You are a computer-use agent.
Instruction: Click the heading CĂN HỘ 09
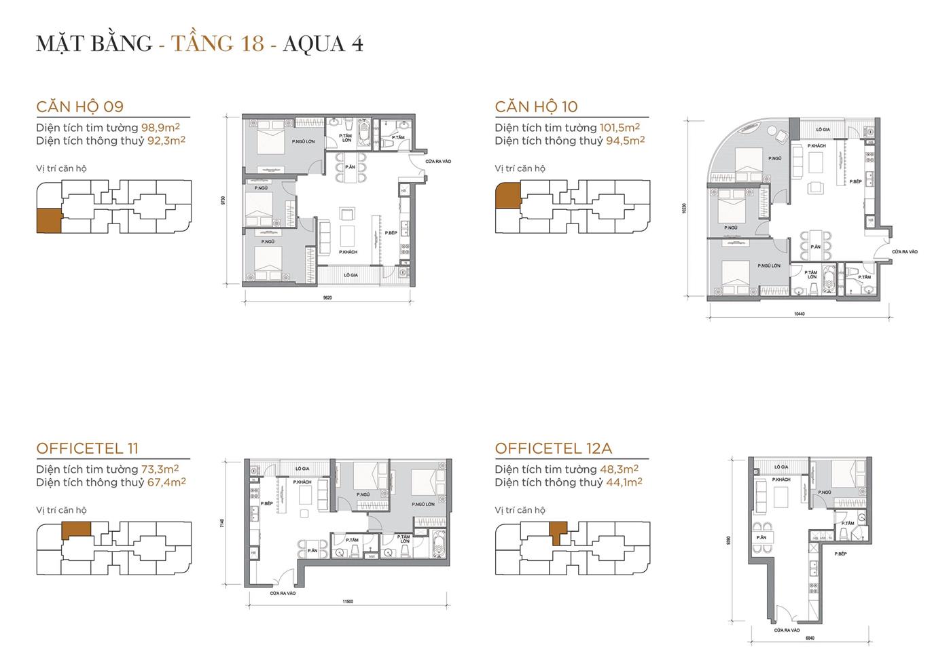(80, 107)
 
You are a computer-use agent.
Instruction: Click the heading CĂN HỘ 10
(536, 107)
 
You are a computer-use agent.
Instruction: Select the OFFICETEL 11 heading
(87, 448)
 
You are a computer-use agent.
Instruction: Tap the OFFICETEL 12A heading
(553, 448)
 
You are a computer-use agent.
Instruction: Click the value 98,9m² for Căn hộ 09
(160, 128)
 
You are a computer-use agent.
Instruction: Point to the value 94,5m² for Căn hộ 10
(624, 141)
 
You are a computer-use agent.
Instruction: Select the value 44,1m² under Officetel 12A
(622, 482)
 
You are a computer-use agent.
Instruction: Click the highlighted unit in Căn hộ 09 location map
(49, 221)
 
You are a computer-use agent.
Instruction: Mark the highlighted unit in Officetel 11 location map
(75, 530)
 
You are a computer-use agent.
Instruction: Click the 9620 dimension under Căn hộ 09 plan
(327, 297)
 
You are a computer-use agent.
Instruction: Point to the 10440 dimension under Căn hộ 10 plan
(799, 314)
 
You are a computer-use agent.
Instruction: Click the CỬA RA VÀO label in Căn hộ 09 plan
(438, 162)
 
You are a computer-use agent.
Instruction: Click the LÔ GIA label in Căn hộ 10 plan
(823, 129)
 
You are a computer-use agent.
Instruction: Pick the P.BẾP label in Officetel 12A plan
(840, 554)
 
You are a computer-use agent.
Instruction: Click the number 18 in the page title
(252, 43)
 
